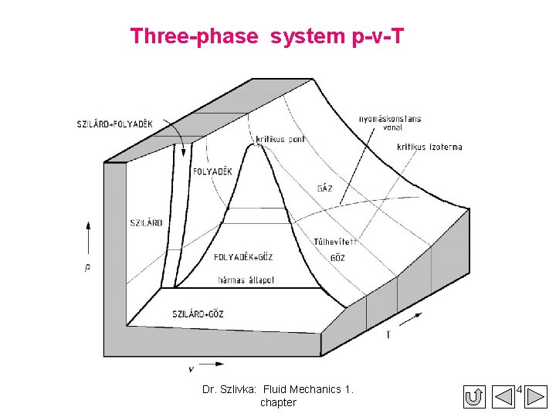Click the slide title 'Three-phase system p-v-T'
pyautogui.click(x=266, y=36)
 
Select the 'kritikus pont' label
pyautogui.click(x=280, y=139)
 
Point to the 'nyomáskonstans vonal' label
pyautogui.click(x=391, y=124)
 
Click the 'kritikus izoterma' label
pyautogui.click(x=429, y=147)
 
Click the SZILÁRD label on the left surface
pyautogui.click(x=146, y=222)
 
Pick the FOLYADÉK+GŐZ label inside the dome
pyautogui.click(x=243, y=257)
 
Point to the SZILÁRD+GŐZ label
pyautogui.click(x=198, y=314)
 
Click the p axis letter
pyautogui.click(x=87, y=267)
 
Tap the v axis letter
pyautogui.click(x=190, y=369)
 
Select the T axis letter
pyautogui.click(x=388, y=334)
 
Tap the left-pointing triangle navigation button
pyautogui.click(x=503, y=397)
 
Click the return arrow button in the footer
pyautogui.click(x=475, y=397)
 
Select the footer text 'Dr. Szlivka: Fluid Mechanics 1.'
pyautogui.click(x=278, y=389)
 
